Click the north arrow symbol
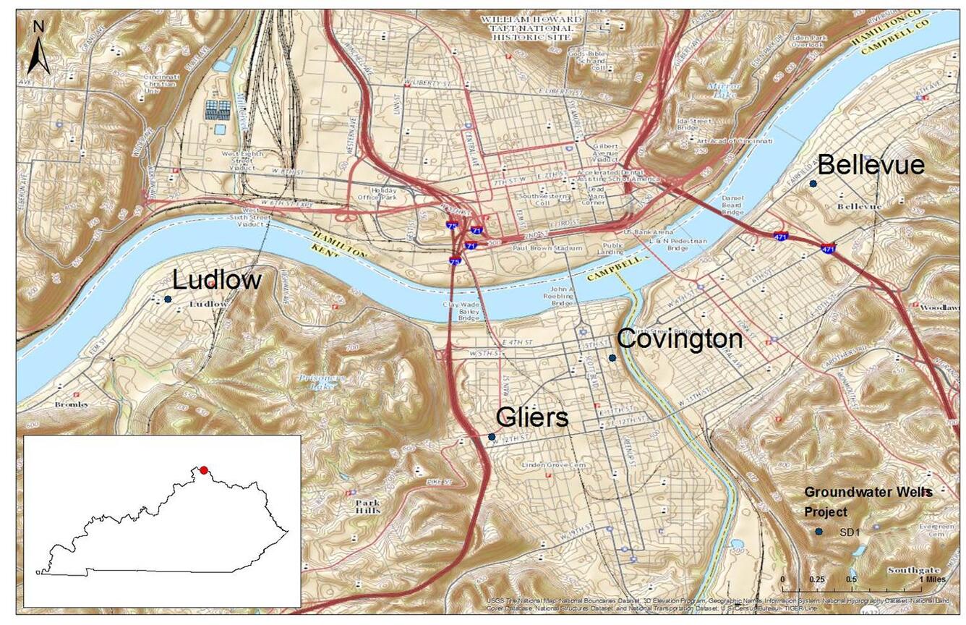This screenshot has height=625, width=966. click(38, 49)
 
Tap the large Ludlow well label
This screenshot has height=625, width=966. click(217, 280)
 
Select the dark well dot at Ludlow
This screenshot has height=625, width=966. click(168, 299)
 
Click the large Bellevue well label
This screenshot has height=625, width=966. click(871, 165)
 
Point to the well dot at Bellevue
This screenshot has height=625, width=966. click(813, 184)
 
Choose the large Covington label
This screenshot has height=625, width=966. click(680, 339)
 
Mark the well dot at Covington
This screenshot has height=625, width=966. click(612, 357)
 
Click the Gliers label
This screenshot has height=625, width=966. click(531, 417)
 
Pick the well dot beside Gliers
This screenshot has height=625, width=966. click(492, 437)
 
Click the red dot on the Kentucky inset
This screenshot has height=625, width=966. click(204, 470)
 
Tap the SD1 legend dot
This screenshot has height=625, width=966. click(818, 532)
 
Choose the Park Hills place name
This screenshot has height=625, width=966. click(367, 506)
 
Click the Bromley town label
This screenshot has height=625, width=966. click(72, 404)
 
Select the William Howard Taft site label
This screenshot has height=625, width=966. click(534, 28)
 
